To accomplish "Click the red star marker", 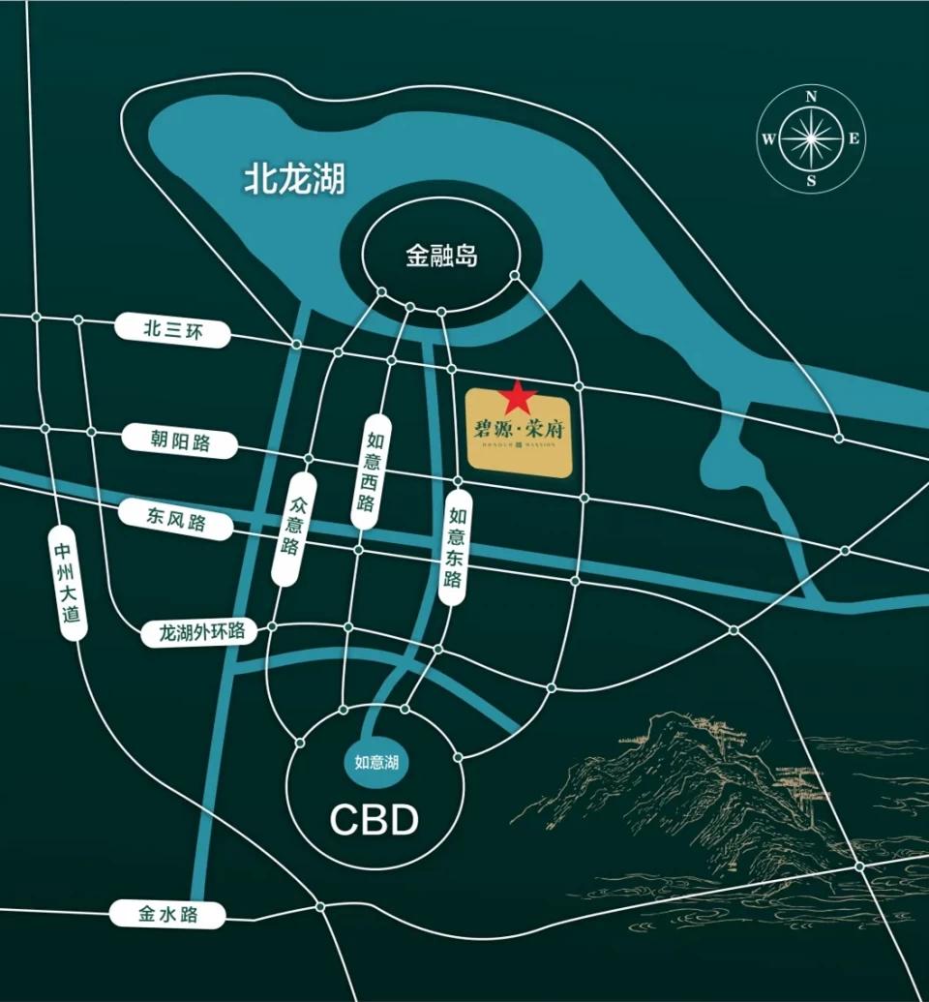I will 519,396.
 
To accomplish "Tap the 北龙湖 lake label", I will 293,179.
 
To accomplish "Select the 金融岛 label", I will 441,258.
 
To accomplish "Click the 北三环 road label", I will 174,330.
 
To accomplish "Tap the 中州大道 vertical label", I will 66,585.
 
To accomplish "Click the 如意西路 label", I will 365,472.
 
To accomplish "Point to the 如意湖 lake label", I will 377,763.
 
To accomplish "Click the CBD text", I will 375,820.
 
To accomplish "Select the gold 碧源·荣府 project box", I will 523,440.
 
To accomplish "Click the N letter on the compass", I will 812,97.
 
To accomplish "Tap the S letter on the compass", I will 812,180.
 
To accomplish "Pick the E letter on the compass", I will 854,138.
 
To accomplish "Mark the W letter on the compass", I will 768,138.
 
